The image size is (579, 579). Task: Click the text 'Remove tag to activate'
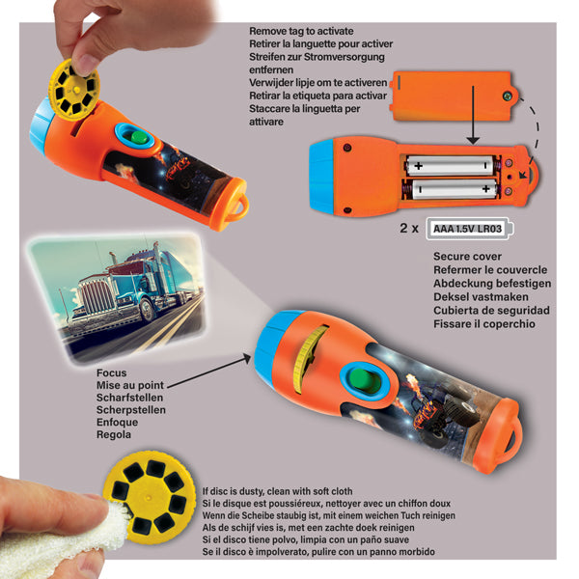click(304, 31)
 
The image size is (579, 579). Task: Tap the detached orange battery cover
click(448, 94)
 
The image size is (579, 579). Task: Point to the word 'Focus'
click(112, 372)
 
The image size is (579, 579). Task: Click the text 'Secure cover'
click(467, 257)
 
